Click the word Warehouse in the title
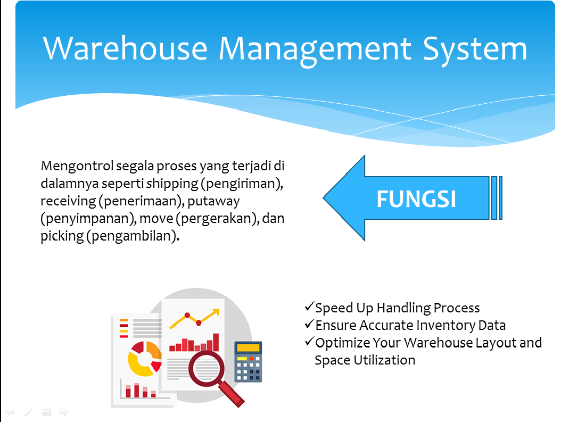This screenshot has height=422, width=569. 125,48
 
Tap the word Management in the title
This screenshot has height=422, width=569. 315,51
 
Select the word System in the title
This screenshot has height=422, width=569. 475,51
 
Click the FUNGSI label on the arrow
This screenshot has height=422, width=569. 416,199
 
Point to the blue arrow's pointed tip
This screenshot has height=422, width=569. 324,198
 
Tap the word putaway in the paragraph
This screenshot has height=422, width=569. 214,201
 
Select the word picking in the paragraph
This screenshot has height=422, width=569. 62,236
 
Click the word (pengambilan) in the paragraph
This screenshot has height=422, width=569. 133,236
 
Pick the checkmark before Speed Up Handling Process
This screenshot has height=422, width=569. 309,306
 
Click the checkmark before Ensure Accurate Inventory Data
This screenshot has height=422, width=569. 309,324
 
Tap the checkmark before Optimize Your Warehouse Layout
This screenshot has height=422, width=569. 309,341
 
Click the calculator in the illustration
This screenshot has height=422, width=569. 248,361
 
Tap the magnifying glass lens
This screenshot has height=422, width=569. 207,368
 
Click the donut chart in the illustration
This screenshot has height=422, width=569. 145,359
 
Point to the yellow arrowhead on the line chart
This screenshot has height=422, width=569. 216,312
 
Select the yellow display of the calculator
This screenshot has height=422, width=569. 248,348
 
